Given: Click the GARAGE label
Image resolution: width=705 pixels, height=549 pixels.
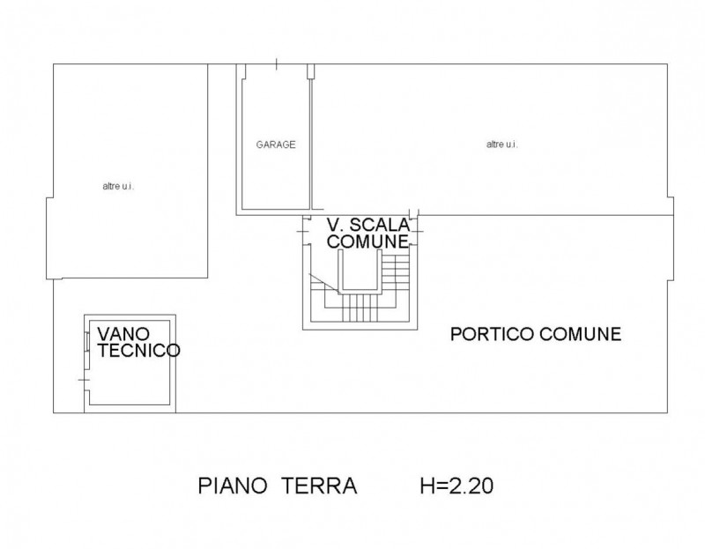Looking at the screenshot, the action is (x=276, y=145).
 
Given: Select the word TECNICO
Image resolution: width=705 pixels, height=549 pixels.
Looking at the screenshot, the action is (x=139, y=351).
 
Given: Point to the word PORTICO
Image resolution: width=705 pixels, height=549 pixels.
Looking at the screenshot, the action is (x=493, y=335).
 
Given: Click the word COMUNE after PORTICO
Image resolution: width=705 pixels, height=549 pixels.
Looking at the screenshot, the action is (x=581, y=335).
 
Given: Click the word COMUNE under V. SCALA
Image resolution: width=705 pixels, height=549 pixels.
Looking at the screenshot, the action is (x=367, y=241).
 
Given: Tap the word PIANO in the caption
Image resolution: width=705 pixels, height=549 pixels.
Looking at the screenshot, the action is (x=233, y=486).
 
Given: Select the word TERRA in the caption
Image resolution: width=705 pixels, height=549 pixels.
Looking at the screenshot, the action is (x=319, y=486).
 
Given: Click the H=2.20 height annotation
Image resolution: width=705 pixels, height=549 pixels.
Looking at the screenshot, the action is (x=456, y=486).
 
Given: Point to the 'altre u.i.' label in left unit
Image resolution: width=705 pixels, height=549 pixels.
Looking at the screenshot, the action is (x=118, y=186).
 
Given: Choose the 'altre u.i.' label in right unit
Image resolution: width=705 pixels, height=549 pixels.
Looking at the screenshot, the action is (x=501, y=145).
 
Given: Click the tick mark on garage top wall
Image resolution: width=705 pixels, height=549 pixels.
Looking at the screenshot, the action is (x=276, y=64).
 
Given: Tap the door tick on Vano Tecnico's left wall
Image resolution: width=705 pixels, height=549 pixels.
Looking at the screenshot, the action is (x=84, y=381).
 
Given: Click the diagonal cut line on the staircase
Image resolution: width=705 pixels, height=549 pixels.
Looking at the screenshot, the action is (x=323, y=283).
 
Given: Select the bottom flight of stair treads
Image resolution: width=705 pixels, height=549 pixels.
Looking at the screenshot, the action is (x=360, y=308).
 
